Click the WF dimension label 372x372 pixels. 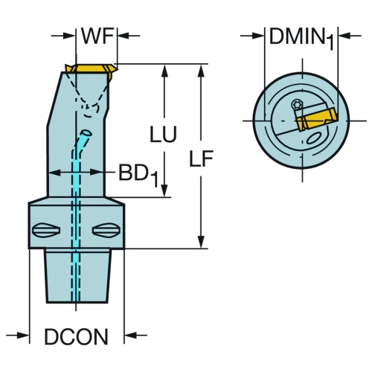(97, 36)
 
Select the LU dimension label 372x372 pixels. (163, 134)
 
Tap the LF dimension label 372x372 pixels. (201, 158)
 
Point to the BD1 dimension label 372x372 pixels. (138, 176)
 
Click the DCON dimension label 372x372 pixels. (76, 336)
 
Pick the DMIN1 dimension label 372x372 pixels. (301, 39)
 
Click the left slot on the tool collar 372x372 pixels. (46, 231)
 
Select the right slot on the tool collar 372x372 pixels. (106, 231)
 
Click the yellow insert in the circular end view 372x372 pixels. (316, 120)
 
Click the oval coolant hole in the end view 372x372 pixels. (315, 138)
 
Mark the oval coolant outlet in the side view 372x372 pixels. (86, 133)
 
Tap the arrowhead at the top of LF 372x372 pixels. (202, 71)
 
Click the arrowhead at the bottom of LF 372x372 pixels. (202, 242)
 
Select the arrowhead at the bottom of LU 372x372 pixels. (164, 191)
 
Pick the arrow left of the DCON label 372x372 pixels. (18, 336)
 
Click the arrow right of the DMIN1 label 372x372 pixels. (350, 36)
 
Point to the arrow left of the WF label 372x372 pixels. (63, 36)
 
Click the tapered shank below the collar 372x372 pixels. (78, 276)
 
